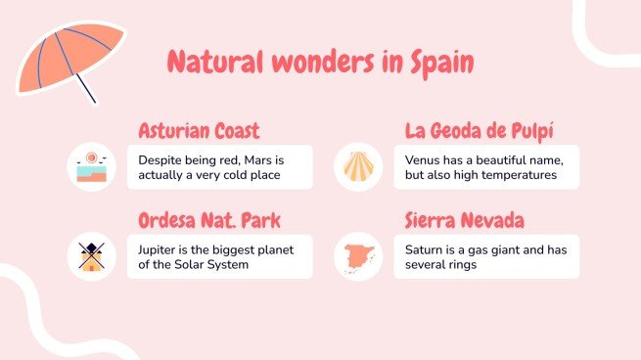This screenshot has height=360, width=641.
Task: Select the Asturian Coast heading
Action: click(199, 130)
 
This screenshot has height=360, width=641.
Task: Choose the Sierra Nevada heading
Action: click(464, 220)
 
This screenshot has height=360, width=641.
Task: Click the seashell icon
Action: click(357, 167)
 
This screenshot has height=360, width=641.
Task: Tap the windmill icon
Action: click(91, 256)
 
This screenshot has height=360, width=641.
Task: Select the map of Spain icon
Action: click(357, 256)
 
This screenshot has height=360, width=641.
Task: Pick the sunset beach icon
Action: click(91, 167)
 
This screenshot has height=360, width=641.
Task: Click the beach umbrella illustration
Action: click(69, 57)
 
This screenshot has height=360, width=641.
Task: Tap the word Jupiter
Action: click(160, 249)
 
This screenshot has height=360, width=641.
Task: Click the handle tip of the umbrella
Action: click(95, 102)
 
